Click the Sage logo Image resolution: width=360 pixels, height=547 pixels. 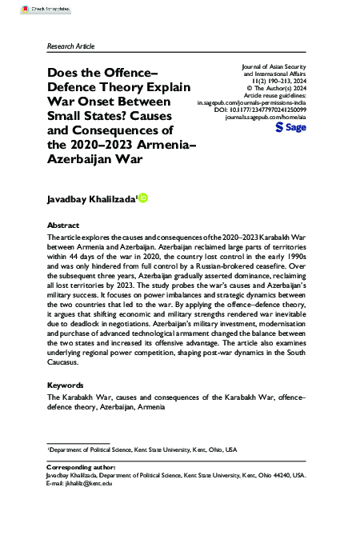pyautogui.click(x=292, y=127)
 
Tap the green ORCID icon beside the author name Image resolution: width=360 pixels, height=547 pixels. pyautogui.click(x=143, y=198)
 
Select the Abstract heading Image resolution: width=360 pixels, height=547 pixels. pyautogui.click(x=64, y=226)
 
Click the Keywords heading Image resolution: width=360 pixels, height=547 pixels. pyautogui.click(x=66, y=385)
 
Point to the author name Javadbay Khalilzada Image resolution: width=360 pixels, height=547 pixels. pyautogui.click(x=92, y=198)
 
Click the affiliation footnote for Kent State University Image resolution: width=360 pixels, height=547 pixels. pyautogui.click(x=142, y=450)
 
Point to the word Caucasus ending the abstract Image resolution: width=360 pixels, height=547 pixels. pyautogui.click(x=70, y=362)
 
